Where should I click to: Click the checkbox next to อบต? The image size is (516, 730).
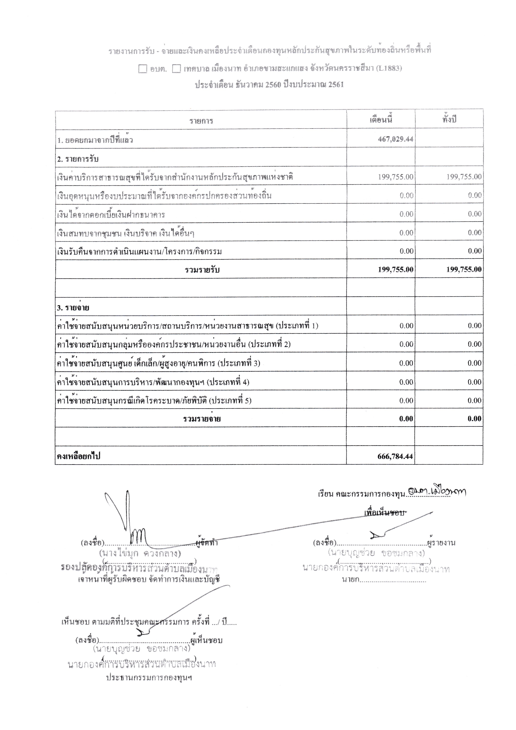coord(143,69)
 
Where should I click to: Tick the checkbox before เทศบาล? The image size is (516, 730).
coord(176,69)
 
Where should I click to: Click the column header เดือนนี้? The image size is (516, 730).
coord(381,120)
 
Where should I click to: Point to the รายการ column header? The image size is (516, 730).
coord(201,121)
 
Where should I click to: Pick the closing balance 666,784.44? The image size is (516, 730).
coord(395,456)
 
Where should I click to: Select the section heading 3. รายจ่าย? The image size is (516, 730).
coord(73,308)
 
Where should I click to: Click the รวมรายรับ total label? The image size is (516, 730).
coord(202,270)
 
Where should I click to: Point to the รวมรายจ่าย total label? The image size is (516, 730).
coord(202,419)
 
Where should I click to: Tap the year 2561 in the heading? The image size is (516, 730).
coord(336,85)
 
